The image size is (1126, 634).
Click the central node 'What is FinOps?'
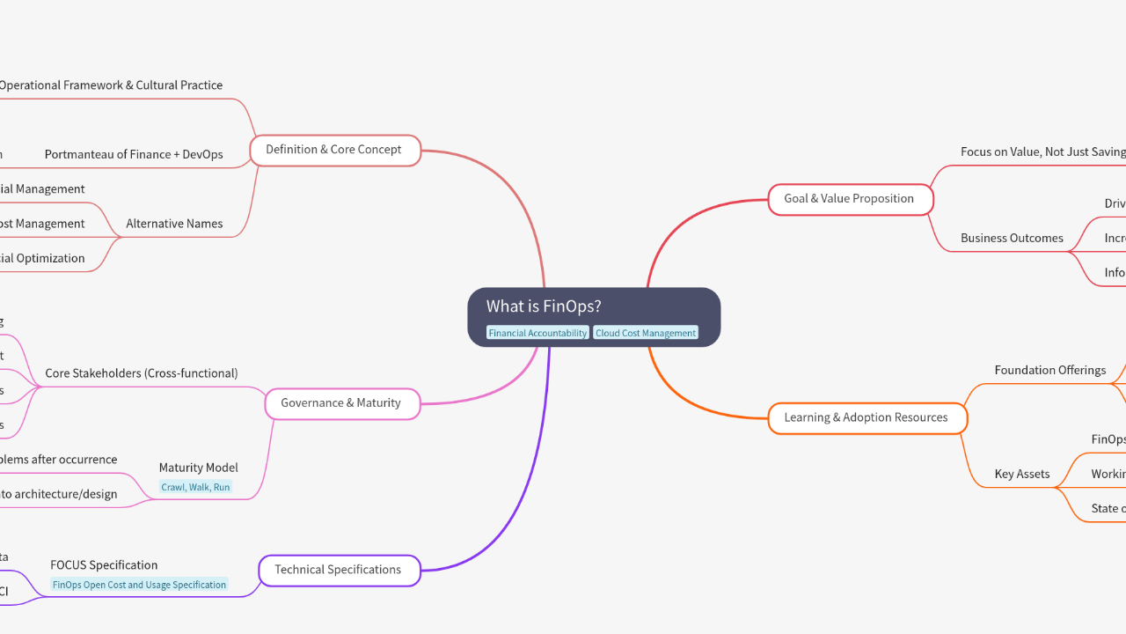[544, 306]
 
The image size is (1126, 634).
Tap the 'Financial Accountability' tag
[537, 333]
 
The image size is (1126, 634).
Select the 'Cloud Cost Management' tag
[646, 333]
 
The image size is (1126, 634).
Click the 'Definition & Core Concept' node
[334, 150]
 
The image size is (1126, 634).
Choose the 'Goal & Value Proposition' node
[849, 199]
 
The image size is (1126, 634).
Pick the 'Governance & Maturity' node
[341, 403]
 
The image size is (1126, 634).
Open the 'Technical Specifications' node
[339, 570]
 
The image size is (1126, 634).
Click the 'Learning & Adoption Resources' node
[866, 417]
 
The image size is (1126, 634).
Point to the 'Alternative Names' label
[174, 224]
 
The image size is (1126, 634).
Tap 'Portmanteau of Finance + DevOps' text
[134, 154]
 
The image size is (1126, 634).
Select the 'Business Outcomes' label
[1012, 238]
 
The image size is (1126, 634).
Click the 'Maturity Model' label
[198, 468]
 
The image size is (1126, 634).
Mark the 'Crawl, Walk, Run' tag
[195, 487]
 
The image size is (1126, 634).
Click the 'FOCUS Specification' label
[104, 565]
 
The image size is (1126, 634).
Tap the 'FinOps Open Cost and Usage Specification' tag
[139, 585]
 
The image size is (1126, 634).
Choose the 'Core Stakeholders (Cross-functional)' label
[141, 373]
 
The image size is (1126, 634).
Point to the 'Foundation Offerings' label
[1049, 370]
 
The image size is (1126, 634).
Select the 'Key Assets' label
[1021, 474]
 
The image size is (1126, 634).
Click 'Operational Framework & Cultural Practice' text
[110, 85]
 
